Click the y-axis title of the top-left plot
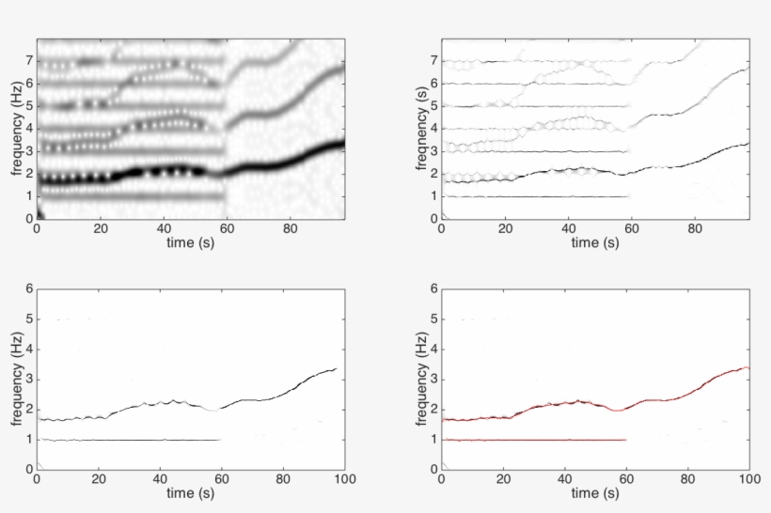pos(16,129)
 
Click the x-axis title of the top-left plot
pos(191,242)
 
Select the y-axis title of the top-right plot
pos(420,129)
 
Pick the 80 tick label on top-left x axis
pos(291,227)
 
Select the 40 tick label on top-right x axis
pos(568,227)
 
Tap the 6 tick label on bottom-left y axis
pos(29,288)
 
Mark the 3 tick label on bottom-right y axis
pos(433,379)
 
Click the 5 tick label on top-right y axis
pos(433,106)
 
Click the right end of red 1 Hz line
pos(625,439)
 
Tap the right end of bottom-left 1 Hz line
pos(220,439)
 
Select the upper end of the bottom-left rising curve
pos(336,368)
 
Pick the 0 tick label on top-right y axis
pos(433,218)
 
